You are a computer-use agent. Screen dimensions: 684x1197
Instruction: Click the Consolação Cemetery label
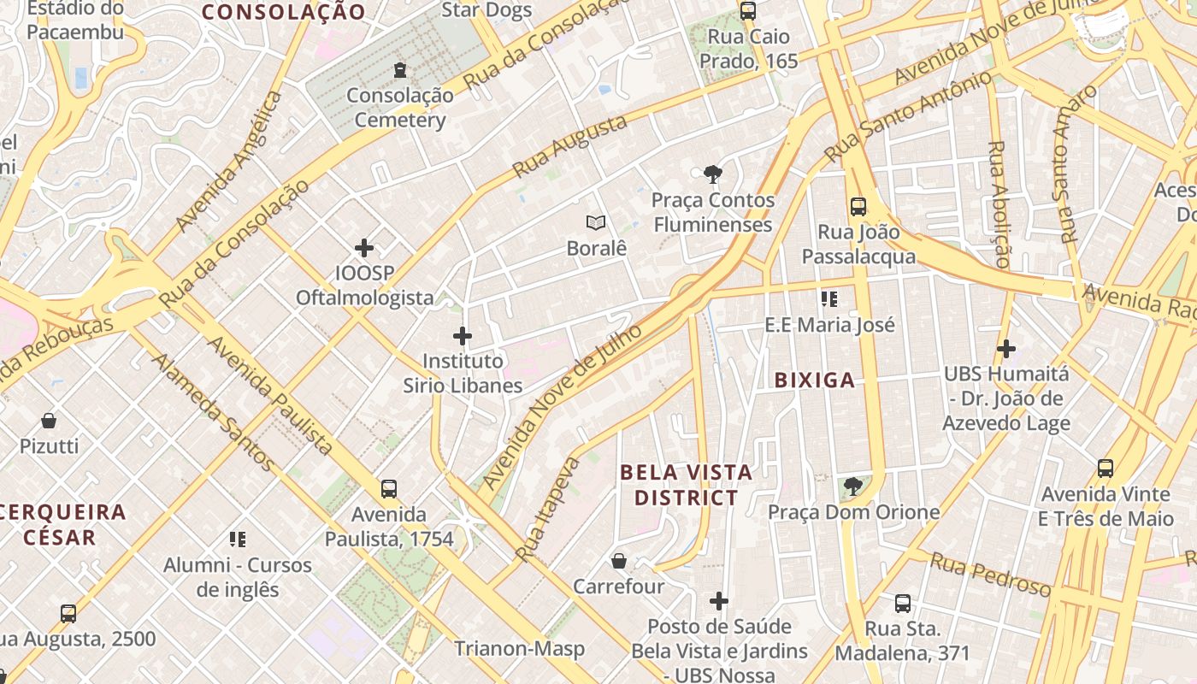399,108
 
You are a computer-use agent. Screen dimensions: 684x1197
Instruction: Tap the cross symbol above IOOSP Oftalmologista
364,248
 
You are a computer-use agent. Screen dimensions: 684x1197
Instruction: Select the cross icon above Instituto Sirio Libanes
463,335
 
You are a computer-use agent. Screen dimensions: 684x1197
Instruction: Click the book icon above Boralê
596,223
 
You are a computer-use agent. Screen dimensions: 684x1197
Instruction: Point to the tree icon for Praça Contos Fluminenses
712,175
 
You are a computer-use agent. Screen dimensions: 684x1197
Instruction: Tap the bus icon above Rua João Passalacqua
858,207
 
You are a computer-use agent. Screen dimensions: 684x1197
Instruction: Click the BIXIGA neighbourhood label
814,380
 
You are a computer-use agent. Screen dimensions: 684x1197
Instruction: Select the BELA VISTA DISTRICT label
686,485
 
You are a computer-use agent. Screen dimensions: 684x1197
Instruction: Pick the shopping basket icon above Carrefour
618,561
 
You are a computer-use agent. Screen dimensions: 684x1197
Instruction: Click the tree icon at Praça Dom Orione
852,487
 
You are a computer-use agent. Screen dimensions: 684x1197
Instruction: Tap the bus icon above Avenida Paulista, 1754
389,489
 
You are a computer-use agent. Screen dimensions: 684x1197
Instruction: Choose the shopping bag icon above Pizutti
49,421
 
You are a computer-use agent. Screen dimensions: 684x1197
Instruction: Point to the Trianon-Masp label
519,648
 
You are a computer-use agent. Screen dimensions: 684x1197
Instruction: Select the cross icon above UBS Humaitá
1006,349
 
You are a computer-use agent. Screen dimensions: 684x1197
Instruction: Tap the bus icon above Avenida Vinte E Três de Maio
1106,469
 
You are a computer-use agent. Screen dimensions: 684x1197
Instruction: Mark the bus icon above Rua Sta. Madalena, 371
902,604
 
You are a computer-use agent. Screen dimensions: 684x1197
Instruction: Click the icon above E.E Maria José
828,299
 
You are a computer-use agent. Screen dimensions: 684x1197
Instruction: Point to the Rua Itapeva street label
548,510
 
